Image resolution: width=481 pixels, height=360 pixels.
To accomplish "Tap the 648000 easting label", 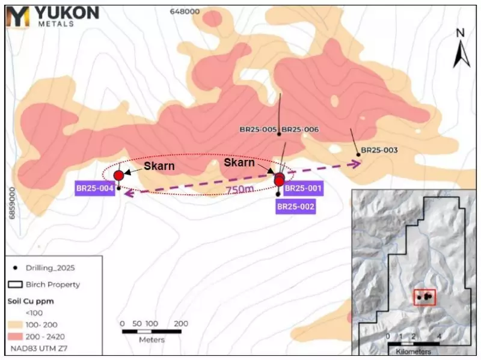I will coord(185,11).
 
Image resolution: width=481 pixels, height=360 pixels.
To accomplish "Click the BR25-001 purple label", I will coord(304,189).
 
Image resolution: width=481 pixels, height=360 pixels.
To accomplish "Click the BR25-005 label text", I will coord(258,129).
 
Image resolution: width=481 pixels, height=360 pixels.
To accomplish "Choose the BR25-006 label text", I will coord(300,129).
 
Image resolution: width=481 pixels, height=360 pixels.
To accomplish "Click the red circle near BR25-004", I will coord(118,175).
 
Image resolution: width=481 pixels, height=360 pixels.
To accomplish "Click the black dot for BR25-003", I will coord(358,155).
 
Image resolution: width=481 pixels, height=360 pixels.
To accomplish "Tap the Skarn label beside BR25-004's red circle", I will coord(158,166).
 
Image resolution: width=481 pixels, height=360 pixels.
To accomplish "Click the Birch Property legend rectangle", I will coord(14,284).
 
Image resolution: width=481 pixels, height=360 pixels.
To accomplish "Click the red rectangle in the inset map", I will coord(425,296).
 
